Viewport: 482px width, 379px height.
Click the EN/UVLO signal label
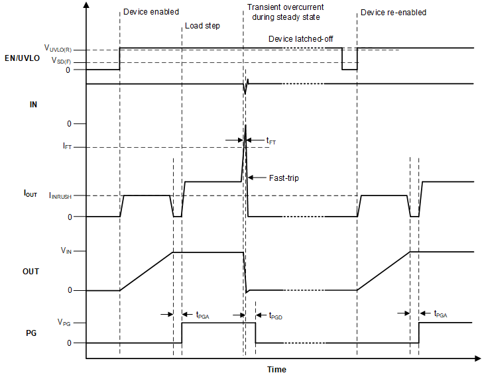tap(22, 58)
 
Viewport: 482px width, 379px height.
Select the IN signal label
tap(33, 105)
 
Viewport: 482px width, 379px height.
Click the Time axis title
tap(276, 369)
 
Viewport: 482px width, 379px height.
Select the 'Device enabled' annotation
tap(151, 12)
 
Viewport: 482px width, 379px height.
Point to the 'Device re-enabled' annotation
tap(393, 12)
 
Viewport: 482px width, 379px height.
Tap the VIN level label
tap(68, 251)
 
